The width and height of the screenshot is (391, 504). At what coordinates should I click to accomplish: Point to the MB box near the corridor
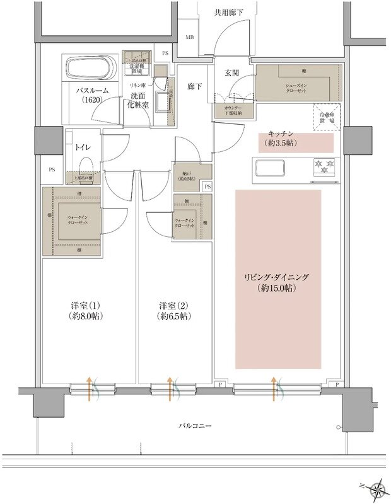point(189,37)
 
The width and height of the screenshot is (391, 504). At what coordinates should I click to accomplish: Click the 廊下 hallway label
point(194,88)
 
